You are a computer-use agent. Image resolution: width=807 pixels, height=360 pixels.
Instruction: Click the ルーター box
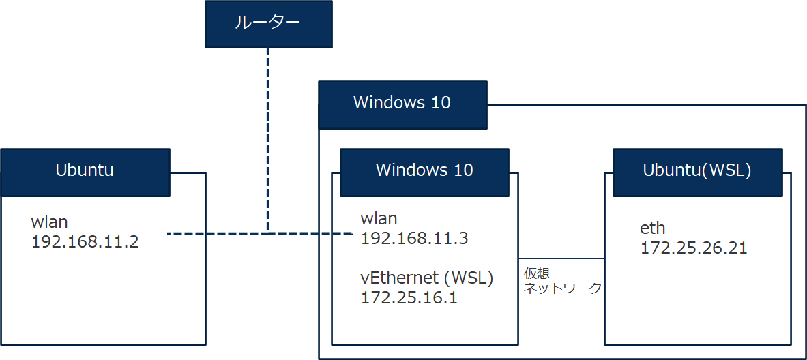tap(269, 24)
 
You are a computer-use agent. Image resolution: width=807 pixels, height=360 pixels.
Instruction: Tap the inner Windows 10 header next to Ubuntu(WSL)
tap(424, 170)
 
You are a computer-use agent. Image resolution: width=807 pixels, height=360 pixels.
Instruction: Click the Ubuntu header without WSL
tap(85, 170)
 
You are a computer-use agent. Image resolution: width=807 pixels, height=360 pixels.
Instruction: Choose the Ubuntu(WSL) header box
tap(697, 170)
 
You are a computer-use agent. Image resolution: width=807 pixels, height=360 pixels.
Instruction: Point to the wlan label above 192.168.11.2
tap(50, 222)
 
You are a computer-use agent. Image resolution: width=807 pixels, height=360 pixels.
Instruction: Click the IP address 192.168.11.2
tap(85, 241)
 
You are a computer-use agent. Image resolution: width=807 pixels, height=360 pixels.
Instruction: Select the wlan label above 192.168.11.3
tap(379, 219)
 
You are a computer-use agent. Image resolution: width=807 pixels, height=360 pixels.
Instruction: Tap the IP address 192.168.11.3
tap(414, 238)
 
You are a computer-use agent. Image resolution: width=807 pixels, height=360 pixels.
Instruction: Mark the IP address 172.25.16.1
tap(409, 297)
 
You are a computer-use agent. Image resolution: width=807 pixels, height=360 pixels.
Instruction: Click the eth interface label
tap(653, 228)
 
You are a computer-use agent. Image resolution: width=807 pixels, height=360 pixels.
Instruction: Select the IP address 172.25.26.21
tap(694, 247)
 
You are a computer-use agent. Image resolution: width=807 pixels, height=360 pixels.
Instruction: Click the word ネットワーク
tap(563, 288)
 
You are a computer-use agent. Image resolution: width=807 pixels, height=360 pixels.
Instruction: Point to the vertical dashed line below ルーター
tap(269, 136)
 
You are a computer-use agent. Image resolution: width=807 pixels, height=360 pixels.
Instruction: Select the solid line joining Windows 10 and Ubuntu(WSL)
tap(561, 259)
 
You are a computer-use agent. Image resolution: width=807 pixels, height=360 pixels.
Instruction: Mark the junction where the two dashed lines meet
tap(269, 233)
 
